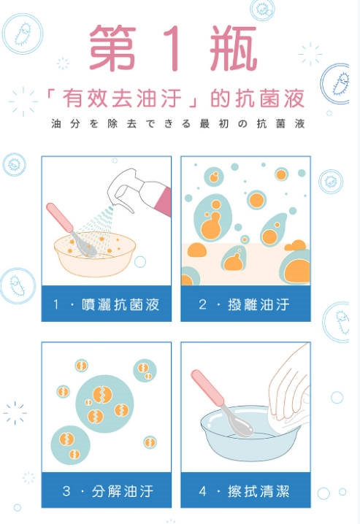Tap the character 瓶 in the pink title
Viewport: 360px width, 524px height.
coord(234,48)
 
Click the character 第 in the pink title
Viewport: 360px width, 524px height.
coord(112,47)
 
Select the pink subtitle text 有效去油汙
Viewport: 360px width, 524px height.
coord(122,99)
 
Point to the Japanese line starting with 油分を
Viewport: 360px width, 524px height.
coord(178,123)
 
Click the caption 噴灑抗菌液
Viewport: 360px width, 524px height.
coord(120,304)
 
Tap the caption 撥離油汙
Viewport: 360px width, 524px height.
coord(258,304)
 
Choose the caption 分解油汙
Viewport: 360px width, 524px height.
coord(123,491)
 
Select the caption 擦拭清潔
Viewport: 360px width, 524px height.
coord(258,491)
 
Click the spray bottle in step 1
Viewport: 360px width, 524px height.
coord(144,192)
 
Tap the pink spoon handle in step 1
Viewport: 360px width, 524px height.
coord(59,217)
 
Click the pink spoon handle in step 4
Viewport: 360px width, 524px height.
coord(207,388)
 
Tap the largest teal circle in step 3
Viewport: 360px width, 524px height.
coord(104,404)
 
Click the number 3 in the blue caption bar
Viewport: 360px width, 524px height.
coord(66,491)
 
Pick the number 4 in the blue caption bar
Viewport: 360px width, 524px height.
coord(202,491)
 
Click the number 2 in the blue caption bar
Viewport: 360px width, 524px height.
coord(202,304)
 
